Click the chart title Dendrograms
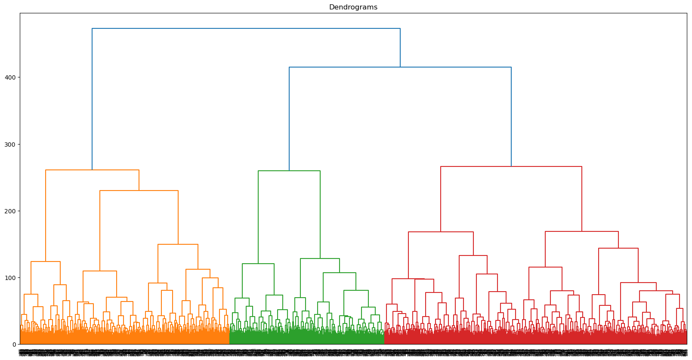tap(353, 7)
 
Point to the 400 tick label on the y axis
tap(10, 77)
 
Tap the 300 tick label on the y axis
tap(10, 144)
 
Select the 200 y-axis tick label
tap(10, 211)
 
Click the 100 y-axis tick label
tap(10, 277)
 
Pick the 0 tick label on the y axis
tap(14, 344)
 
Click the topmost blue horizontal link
tap(246, 28)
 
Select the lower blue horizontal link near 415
tap(400, 67)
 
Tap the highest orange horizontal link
tap(92, 170)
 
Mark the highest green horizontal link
tap(289, 171)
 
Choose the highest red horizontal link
tap(511, 166)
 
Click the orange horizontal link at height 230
tap(139, 191)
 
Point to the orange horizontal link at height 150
tap(178, 244)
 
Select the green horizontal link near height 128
tap(320, 258)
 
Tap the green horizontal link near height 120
tap(258, 264)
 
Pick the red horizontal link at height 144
tap(618, 248)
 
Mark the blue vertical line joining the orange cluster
tap(92, 99)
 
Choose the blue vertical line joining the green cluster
tap(289, 118)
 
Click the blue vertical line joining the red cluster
tap(511, 116)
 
